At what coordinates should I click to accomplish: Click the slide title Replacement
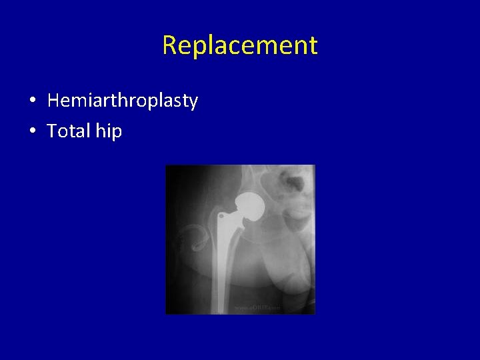240,45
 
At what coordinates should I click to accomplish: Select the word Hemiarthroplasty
123,101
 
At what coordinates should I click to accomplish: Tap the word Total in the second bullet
69,131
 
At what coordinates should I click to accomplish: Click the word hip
109,131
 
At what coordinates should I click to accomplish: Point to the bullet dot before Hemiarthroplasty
32,101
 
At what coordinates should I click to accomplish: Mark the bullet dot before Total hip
32,131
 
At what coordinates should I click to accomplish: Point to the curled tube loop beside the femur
199,239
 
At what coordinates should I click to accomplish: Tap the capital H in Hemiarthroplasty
54,101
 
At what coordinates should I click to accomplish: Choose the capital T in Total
53,131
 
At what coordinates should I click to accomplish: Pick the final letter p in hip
117,133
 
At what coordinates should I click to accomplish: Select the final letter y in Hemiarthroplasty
193,103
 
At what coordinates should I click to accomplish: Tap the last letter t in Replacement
313,45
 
